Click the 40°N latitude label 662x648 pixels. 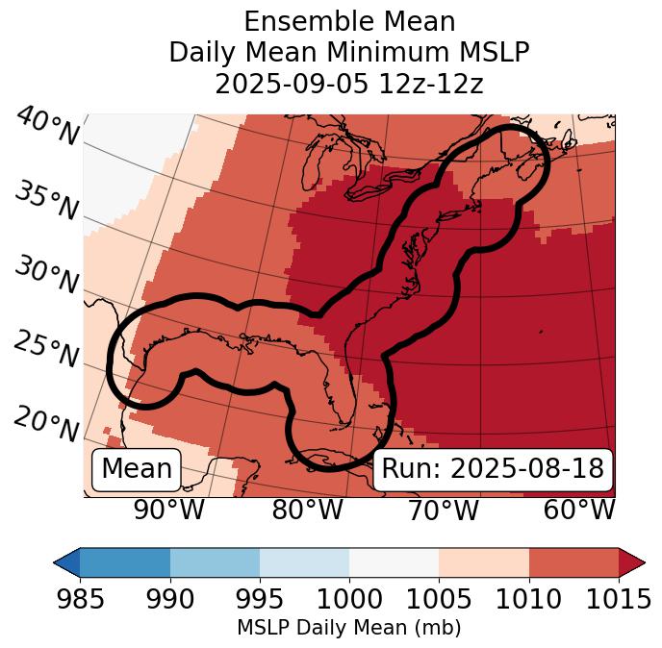[x=47, y=127]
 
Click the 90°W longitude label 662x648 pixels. [x=169, y=511]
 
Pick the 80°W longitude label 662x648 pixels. [x=308, y=511]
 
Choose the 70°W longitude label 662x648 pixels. [x=443, y=511]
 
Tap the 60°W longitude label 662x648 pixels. [x=579, y=511]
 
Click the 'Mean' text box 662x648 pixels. [x=137, y=469]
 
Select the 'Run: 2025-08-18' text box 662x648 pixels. [x=493, y=469]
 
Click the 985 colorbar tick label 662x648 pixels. [x=80, y=599]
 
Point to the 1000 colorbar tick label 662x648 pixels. [x=348, y=599]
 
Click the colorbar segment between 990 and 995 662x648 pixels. [x=215, y=562]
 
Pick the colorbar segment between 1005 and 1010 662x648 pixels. [x=484, y=562]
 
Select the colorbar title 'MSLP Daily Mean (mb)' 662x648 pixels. [x=348, y=629]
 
